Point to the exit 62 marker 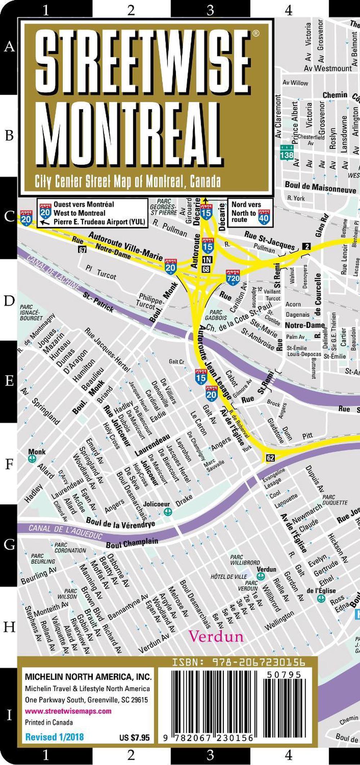coord(270,458)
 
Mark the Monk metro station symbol coord(32,459)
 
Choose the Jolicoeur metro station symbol coord(167,512)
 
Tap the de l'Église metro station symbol coord(321,598)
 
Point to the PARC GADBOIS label coord(216,315)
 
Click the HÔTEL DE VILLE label coord(229,577)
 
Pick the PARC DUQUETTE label coord(335,500)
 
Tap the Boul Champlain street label coord(132,543)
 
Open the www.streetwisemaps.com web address coord(68,711)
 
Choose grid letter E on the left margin coord(9,381)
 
